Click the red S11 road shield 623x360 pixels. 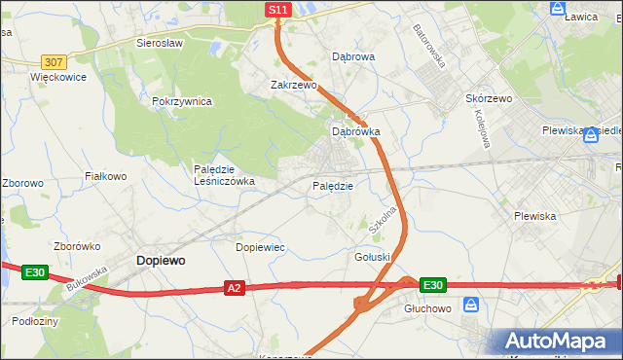pyautogui.click(x=278, y=10)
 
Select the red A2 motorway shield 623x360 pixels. pyautogui.click(x=234, y=287)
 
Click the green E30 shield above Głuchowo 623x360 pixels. pyautogui.click(x=433, y=285)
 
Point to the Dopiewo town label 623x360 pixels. pyautogui.click(x=161, y=261)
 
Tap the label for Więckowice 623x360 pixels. pyautogui.click(x=58, y=76)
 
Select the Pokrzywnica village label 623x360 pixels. pyautogui.click(x=182, y=101)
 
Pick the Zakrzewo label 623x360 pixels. pyautogui.click(x=294, y=85)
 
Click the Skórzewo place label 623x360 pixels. pyautogui.click(x=516, y=99)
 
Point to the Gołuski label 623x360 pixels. pyautogui.click(x=373, y=256)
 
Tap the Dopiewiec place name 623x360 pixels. pyautogui.click(x=261, y=247)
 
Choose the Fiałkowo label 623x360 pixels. pyautogui.click(x=106, y=176)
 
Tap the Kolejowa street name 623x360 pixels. pyautogui.click(x=480, y=127)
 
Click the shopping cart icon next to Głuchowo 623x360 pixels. pyautogui.click(x=471, y=305)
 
